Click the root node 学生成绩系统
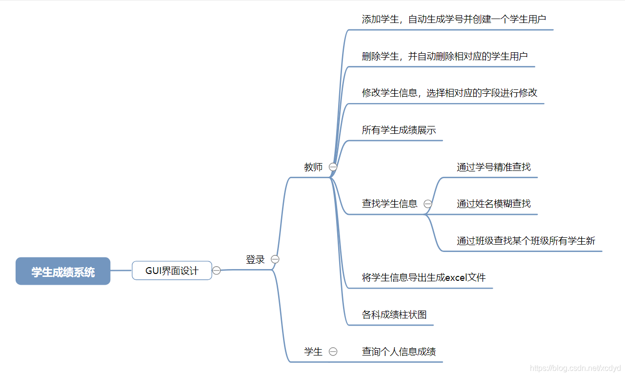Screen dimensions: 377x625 [x=63, y=271]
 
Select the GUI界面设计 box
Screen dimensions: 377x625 [x=172, y=271]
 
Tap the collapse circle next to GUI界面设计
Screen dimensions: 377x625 [x=217, y=271]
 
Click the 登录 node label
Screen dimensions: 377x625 [x=255, y=260]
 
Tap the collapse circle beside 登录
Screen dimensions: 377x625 [x=275, y=259]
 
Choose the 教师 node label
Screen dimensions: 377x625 [x=313, y=167]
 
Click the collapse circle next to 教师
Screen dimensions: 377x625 [x=333, y=167]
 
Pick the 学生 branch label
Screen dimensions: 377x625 [x=313, y=352]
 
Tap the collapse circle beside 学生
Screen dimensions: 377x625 [x=333, y=352]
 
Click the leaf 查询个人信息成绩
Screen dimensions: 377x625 [x=399, y=352]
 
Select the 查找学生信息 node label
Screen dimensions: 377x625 [x=389, y=204]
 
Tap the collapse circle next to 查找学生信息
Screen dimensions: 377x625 [x=428, y=204]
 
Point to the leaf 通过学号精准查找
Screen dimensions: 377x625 [x=493, y=167]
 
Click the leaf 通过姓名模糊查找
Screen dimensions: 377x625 [x=493, y=204]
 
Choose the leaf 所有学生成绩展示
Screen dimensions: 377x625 [x=399, y=130]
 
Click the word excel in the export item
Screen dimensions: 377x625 [x=457, y=278]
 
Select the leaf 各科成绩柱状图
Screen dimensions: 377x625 [x=394, y=314]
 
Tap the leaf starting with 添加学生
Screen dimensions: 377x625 [x=454, y=20]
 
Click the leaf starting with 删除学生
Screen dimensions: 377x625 [x=444, y=56]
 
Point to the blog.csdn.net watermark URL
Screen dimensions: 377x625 [x=575, y=368]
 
